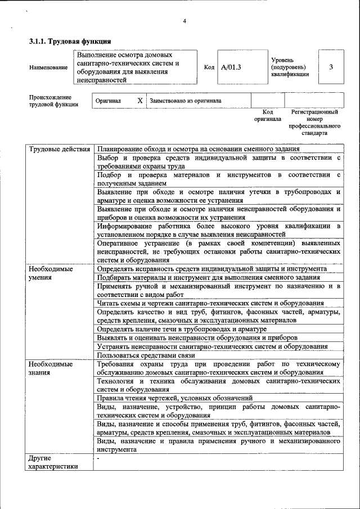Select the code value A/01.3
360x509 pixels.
point(231,67)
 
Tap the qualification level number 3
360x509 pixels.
point(331,67)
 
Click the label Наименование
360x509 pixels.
point(48,67)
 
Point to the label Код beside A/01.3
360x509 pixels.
point(209,67)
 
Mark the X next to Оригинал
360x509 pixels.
point(140,101)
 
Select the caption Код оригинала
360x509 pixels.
point(267,116)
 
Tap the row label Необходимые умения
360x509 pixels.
point(51,273)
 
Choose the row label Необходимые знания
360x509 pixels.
point(51,368)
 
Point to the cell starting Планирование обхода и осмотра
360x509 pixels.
point(198,149)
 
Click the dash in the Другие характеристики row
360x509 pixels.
point(98,458)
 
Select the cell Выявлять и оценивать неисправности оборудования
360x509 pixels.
point(197,337)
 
